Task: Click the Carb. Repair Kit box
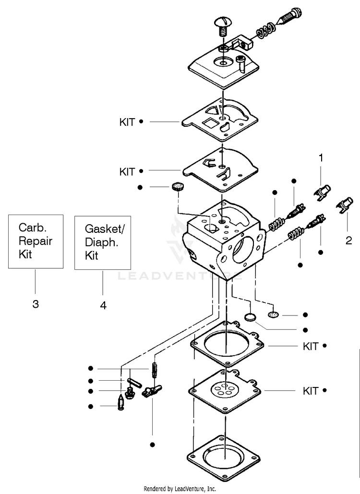(x=36, y=241)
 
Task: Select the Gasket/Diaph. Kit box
(x=103, y=242)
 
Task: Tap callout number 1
(x=321, y=158)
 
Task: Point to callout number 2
(x=348, y=241)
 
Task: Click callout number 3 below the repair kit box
(x=36, y=304)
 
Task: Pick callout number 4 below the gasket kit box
(x=103, y=305)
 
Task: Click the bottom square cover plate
(x=224, y=458)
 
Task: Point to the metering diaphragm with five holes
(x=225, y=391)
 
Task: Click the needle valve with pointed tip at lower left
(x=121, y=402)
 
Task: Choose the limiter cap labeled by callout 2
(x=345, y=205)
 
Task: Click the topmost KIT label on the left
(x=127, y=122)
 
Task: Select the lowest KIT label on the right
(x=311, y=391)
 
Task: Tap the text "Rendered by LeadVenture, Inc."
(x=180, y=489)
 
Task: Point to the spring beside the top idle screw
(x=266, y=30)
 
